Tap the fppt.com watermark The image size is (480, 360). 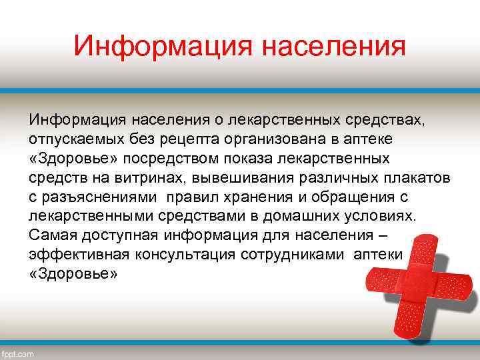(19, 353)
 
